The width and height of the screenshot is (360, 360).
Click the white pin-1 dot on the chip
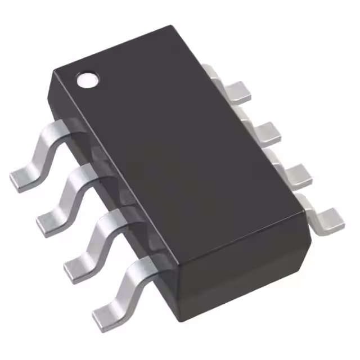point(87,80)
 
